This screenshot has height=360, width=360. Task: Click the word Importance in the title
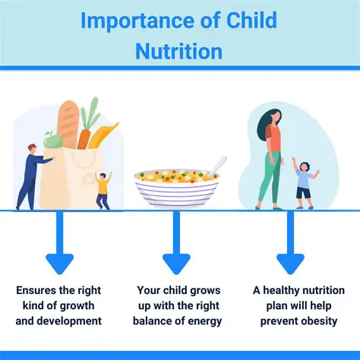tap(134, 22)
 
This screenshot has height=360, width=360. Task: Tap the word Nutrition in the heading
tap(179, 51)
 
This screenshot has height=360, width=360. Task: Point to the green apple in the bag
tap(52, 141)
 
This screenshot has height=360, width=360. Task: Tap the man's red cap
tap(32, 147)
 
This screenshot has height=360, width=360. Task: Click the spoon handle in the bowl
tap(218, 164)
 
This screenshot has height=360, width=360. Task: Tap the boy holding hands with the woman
tap(304, 182)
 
